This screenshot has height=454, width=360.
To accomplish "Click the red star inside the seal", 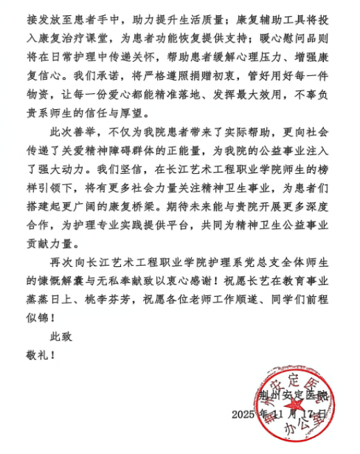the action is click(296, 405).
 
